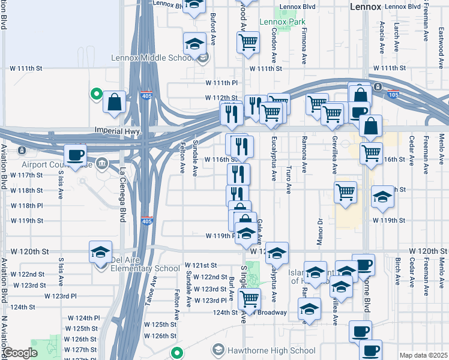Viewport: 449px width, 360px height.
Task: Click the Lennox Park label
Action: [278, 22]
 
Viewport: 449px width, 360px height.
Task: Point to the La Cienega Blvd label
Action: [121, 194]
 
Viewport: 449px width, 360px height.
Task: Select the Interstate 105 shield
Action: [394, 94]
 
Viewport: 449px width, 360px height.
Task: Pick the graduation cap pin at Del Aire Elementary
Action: [100, 251]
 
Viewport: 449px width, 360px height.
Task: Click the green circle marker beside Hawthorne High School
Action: [176, 352]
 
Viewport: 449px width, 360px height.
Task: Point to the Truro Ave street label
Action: [289, 180]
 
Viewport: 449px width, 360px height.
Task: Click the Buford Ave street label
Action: [212, 31]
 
